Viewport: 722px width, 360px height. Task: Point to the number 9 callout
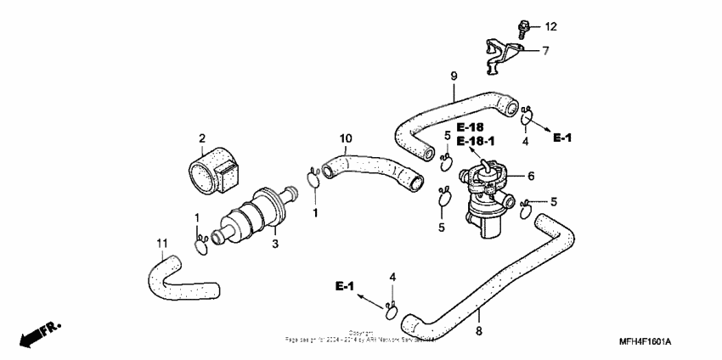pyautogui.click(x=454, y=76)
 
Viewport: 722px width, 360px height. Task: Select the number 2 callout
pyautogui.click(x=202, y=138)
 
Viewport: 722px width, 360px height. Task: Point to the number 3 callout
pyautogui.click(x=274, y=244)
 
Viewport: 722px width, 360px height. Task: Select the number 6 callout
pyautogui.click(x=530, y=176)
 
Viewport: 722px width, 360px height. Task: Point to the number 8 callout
pyautogui.click(x=478, y=331)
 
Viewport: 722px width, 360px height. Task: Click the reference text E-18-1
pyautogui.click(x=477, y=141)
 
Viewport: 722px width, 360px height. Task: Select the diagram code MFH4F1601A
pyautogui.click(x=645, y=341)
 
